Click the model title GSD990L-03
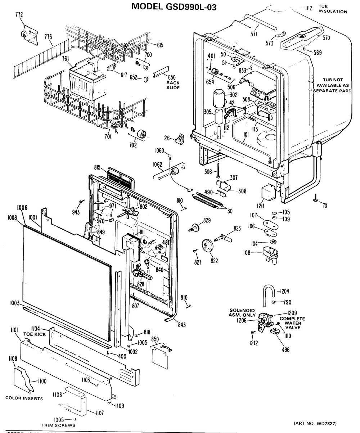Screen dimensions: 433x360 [174, 6]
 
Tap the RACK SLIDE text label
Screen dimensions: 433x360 [173, 85]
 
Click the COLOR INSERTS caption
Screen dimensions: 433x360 [24, 398]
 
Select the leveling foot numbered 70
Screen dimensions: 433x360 [315, 197]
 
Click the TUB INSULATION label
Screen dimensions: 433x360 [333, 9]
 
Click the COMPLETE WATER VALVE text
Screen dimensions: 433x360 [292, 323]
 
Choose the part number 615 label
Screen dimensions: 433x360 [159, 45]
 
